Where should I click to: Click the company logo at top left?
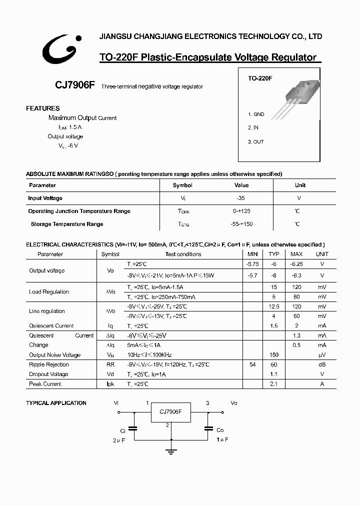[58, 50]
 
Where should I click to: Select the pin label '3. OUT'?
[256, 141]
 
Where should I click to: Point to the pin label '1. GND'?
[256, 114]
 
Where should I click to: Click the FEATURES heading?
[43, 108]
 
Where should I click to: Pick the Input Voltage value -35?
[241, 198]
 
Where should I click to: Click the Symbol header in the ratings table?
[182, 185]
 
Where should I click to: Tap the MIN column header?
[252, 254]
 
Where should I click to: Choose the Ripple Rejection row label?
[49, 364]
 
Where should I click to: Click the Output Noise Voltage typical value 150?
[273, 355]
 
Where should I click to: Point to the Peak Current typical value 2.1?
[273, 384]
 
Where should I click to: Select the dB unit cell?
[322, 364]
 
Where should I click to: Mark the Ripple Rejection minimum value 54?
[252, 364]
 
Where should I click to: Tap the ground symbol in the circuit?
[171, 451]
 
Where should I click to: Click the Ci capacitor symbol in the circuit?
[133, 428]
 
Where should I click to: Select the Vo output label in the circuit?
[234, 402]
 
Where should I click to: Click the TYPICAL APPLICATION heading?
[56, 403]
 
